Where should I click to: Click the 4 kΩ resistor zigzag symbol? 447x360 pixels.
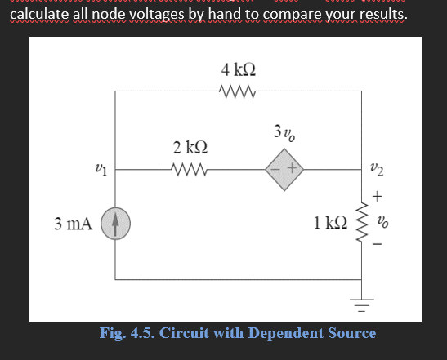click(239, 91)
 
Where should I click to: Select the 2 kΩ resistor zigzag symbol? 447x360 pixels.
click(190, 171)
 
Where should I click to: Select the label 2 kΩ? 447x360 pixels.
click(190, 148)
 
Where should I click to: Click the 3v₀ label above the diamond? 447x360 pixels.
click(284, 133)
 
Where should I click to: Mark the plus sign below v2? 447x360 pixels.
click(376, 196)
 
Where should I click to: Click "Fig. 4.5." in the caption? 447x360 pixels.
click(127, 333)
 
